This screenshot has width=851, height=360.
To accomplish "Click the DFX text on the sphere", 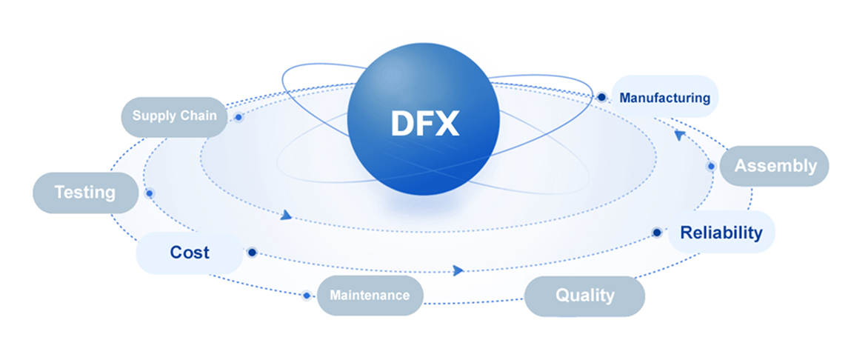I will coord(424,124).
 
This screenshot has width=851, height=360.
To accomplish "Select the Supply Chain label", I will coord(175,116).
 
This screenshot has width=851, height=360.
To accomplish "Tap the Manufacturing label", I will coord(664,98).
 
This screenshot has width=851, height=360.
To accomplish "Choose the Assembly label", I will coord(775,166).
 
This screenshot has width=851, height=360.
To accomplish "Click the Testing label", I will coord(85,193).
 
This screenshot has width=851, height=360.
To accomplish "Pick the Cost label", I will coord(190,253).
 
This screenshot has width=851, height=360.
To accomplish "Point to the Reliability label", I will coord(721,233).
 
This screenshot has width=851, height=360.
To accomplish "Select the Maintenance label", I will coord(370,295).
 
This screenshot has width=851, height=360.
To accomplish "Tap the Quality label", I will coord(585,296).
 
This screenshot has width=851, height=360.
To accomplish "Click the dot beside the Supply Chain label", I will coord(238,117).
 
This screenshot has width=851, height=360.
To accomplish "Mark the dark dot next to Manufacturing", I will coord(601,97).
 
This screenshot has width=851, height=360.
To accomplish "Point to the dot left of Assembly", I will coord(711,166).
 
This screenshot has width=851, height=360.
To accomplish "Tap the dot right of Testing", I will coord(150,193).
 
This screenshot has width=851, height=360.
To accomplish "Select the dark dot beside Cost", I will coord(252,253).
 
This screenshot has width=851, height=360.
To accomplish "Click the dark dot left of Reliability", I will coord(657,233).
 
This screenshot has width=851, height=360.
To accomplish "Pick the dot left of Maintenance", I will coord(307,296).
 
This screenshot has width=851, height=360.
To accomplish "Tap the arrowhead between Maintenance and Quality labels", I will coord(458,270).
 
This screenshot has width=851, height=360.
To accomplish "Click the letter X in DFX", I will coord(447,124).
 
